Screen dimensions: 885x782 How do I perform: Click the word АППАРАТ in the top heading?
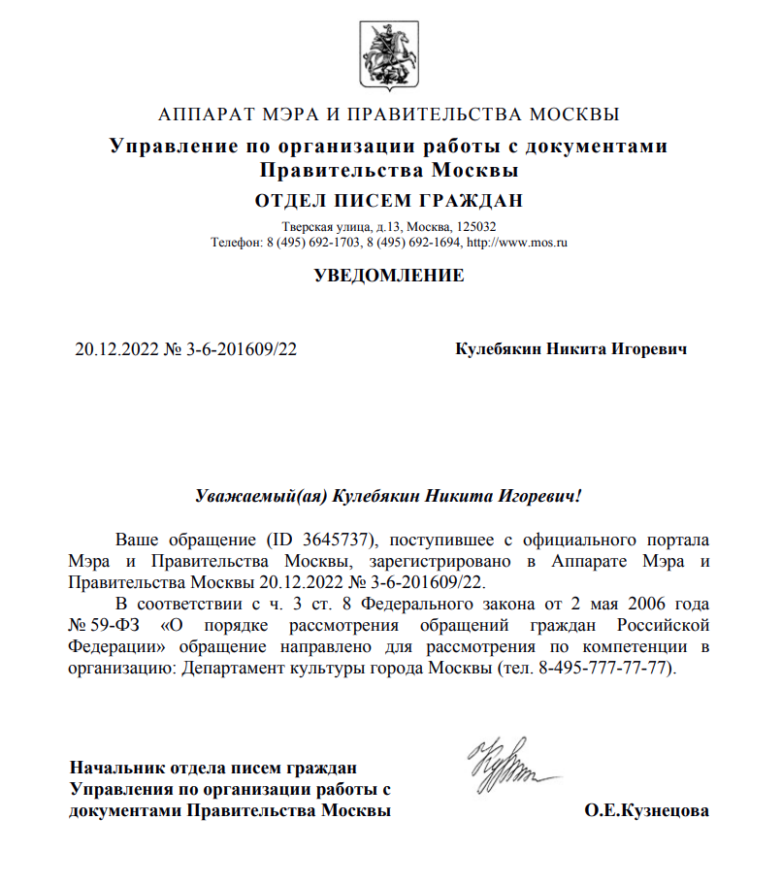coord(202,115)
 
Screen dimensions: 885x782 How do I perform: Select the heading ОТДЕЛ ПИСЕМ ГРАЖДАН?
coord(389,202)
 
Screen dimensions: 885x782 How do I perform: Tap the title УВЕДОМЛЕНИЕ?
coord(389,276)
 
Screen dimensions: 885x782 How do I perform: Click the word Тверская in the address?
coord(304,226)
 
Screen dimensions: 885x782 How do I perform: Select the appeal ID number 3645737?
coord(342,540)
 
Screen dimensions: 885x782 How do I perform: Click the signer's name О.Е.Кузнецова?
coord(646,810)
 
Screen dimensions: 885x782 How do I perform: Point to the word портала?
coord(678,540)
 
